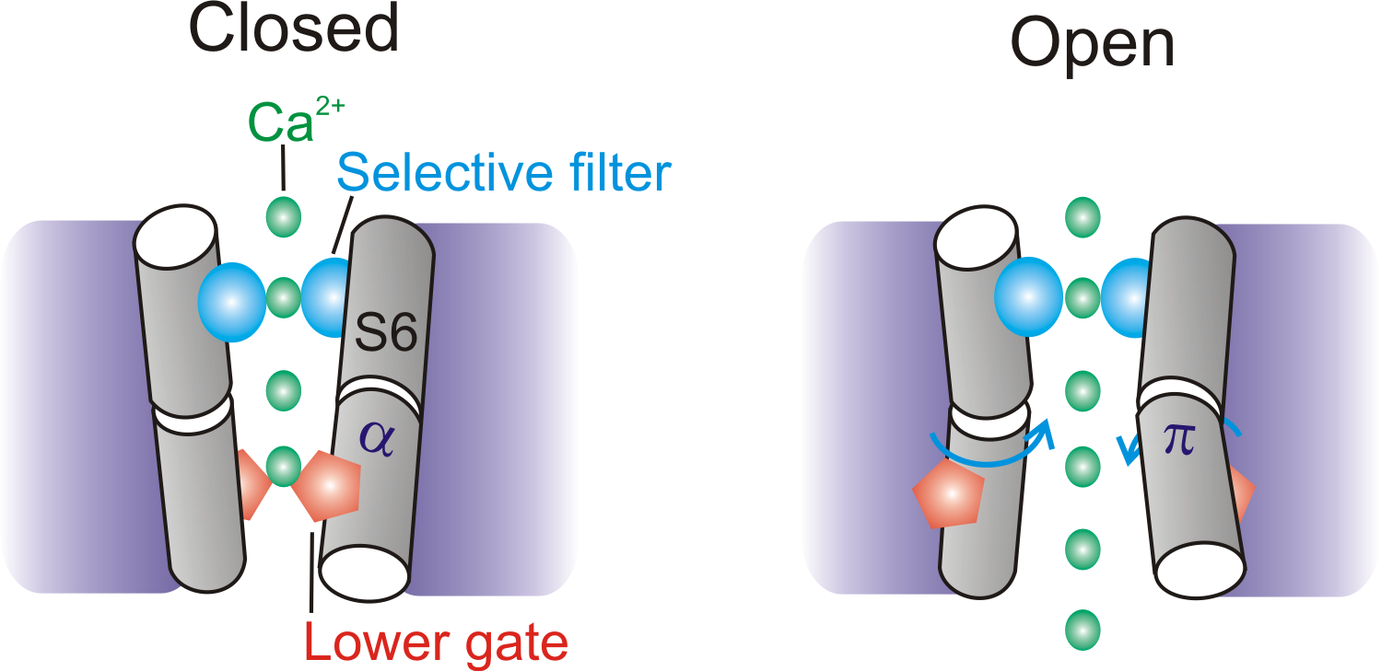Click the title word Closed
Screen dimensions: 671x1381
294,29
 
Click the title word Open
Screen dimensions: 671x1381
1093,42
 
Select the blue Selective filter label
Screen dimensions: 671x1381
504,172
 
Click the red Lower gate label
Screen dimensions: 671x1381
435,643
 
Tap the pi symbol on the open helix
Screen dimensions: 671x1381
1180,440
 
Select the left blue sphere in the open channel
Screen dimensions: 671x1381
1030,297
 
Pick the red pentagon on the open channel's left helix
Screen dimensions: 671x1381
947,494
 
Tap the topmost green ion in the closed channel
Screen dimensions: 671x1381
283,217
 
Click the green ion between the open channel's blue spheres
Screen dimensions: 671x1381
1083,297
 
